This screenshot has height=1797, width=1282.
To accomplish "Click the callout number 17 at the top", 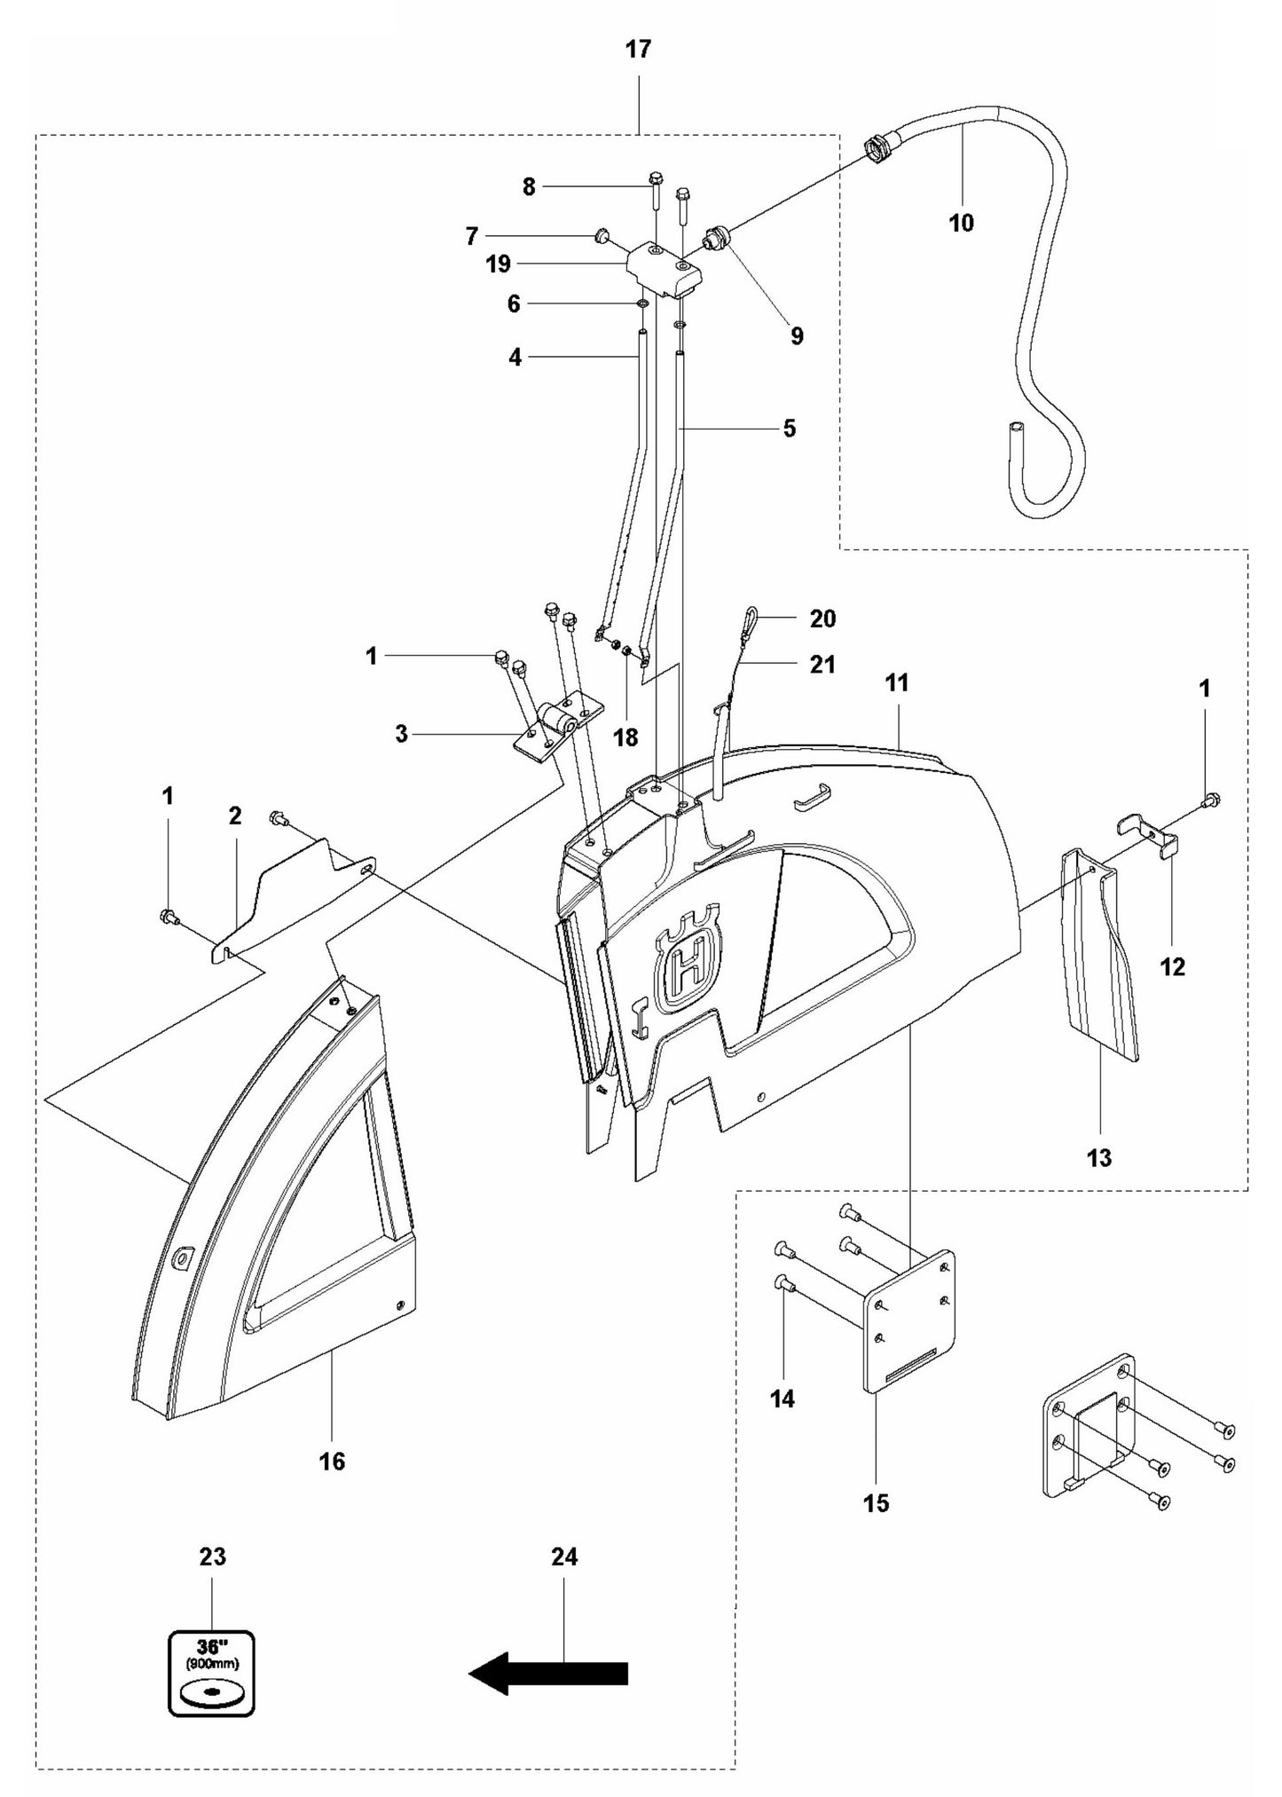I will (x=638, y=50).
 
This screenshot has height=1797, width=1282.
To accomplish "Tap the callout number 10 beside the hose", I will (x=961, y=223).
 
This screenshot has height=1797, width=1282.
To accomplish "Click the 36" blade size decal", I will (x=211, y=1673).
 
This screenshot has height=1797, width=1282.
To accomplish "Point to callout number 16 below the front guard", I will (x=332, y=1461).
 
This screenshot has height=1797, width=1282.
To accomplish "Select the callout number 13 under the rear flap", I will (x=1098, y=1157).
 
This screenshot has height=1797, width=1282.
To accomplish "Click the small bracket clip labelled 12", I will (x=1150, y=834).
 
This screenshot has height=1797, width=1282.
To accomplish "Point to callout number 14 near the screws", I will (x=783, y=1399).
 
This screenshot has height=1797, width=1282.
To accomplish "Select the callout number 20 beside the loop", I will (x=822, y=619).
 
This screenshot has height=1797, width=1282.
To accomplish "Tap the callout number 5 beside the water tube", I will (x=789, y=429).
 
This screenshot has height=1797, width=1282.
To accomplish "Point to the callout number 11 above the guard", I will (x=896, y=683).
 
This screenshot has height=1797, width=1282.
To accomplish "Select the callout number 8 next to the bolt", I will (x=529, y=187).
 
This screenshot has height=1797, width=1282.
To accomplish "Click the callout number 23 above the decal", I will (x=212, y=1557).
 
